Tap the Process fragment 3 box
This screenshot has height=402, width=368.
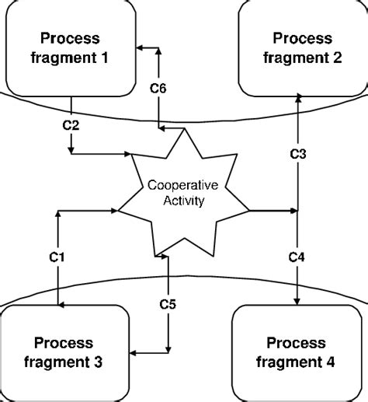pyautogui.click(x=64, y=351)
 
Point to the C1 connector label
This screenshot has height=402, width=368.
pyautogui.click(x=58, y=257)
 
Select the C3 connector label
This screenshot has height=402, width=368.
pyautogui.click(x=299, y=153)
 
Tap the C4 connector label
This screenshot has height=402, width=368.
pyautogui.click(x=298, y=257)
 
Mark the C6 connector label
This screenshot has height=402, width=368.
pyautogui.click(x=158, y=89)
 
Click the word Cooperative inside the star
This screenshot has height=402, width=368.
pyautogui.click(x=183, y=186)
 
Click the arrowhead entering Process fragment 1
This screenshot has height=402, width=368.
pyautogui.click(x=141, y=48)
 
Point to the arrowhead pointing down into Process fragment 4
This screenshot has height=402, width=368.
pyautogui.click(x=299, y=302)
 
